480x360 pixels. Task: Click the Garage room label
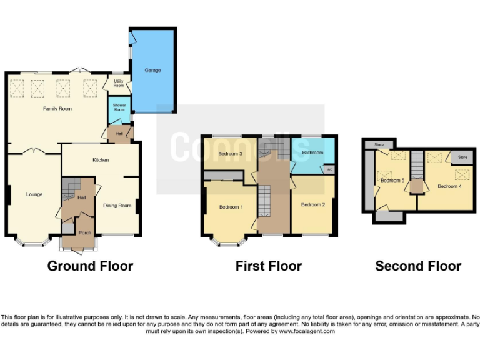click(x=153, y=70)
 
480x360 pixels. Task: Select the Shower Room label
click(x=119, y=107)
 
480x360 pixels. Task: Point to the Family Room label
click(x=57, y=109)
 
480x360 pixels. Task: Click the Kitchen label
click(x=101, y=160)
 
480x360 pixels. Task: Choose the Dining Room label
click(x=117, y=205)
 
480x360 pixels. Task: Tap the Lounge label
click(x=34, y=194)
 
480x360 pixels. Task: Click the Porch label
click(x=84, y=232)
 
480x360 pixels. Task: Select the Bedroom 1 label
click(x=230, y=207)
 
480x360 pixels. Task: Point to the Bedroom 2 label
click(x=312, y=204)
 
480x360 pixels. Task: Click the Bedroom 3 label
click(x=230, y=154)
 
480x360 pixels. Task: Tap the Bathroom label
click(x=312, y=152)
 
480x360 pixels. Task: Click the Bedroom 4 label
click(x=449, y=186)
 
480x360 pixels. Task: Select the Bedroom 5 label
click(x=392, y=181)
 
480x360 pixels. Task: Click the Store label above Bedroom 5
click(x=379, y=145)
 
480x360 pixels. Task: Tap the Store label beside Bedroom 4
click(x=462, y=157)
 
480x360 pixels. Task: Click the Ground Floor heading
click(x=90, y=266)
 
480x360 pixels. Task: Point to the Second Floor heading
click(x=418, y=266)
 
